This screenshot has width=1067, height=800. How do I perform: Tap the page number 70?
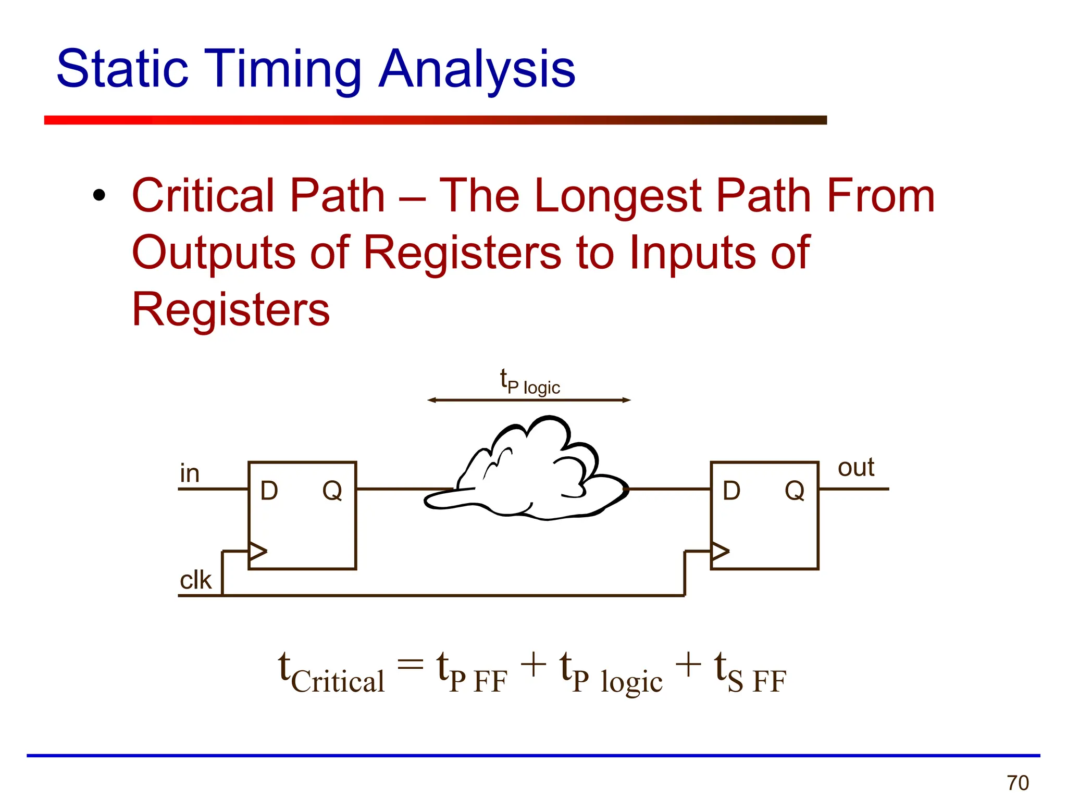[x=1018, y=783]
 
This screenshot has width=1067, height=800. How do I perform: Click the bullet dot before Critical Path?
[x=99, y=196]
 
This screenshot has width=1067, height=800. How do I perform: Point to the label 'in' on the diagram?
[x=190, y=474]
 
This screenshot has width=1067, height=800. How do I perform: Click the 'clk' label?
[x=195, y=580]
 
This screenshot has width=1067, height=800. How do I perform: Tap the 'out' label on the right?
[x=855, y=468]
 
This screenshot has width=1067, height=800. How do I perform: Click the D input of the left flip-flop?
[x=269, y=491]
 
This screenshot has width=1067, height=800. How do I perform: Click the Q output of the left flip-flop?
[x=332, y=491]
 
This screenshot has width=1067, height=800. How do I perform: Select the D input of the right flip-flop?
[x=731, y=491]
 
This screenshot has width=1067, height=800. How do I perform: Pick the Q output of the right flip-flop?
[x=795, y=491]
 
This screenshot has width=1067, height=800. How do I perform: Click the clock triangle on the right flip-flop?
[x=720, y=551]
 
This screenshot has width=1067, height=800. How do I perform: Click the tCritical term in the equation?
[x=331, y=674]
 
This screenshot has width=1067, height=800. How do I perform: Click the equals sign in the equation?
[x=411, y=665]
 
